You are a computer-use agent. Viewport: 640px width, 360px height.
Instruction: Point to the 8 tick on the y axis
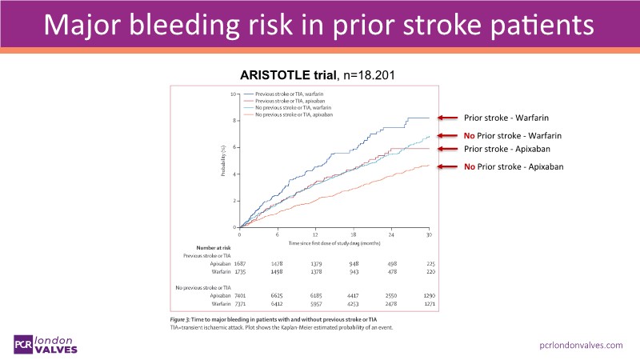(x=233, y=121)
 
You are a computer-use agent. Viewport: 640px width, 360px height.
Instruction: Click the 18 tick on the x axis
(x=334, y=233)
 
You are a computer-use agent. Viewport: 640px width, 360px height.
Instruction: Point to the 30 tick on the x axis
(x=430, y=233)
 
